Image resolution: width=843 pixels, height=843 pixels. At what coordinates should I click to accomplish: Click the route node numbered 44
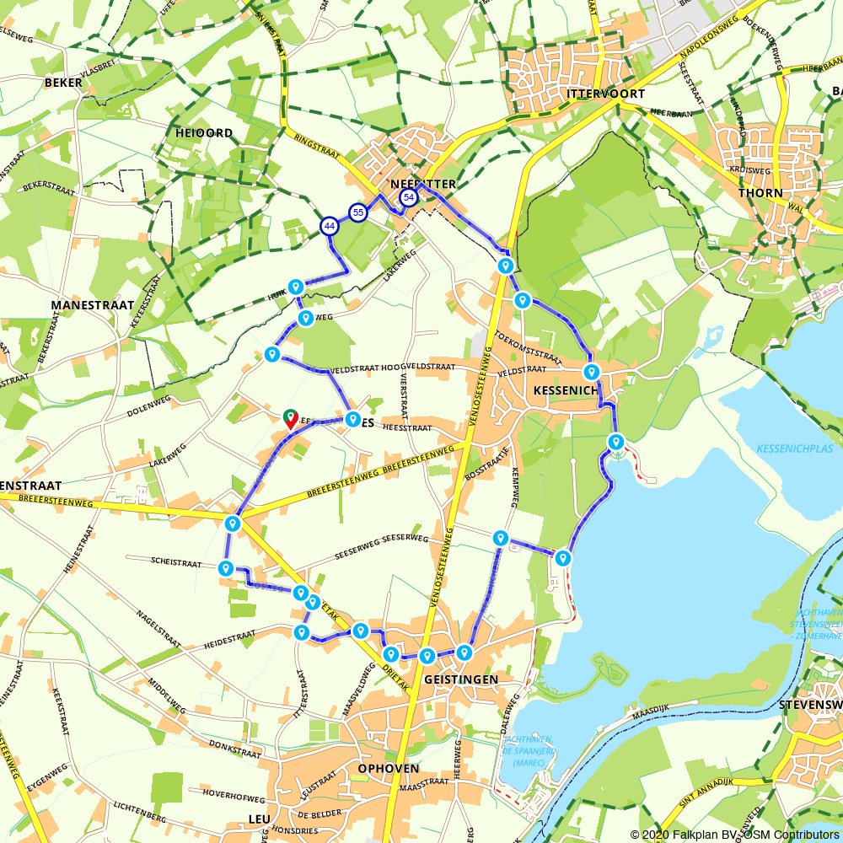[330, 226]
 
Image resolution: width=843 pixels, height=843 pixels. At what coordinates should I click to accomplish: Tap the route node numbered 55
[358, 212]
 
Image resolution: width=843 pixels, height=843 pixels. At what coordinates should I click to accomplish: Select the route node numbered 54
[409, 197]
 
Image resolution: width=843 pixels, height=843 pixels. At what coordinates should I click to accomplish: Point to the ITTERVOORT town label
[606, 94]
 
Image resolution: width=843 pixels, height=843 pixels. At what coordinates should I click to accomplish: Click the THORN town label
[754, 192]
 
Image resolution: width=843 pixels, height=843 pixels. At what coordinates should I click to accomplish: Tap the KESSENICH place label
[566, 391]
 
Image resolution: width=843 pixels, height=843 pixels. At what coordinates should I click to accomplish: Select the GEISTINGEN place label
[461, 679]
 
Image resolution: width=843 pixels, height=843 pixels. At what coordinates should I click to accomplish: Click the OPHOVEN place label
[389, 769]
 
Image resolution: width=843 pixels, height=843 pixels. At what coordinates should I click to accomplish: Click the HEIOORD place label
[204, 133]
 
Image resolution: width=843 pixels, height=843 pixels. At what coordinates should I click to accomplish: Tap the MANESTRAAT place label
[93, 305]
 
